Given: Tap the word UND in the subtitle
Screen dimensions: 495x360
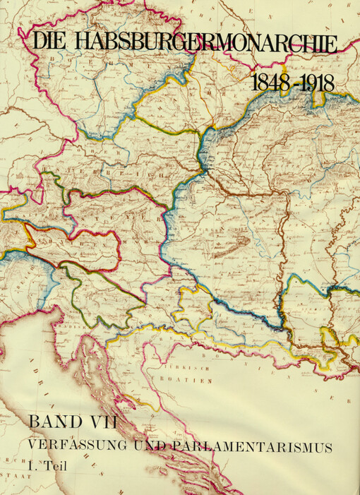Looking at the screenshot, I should click(x=143, y=446).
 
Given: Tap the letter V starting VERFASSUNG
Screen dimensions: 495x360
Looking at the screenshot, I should click(x=32, y=446).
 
